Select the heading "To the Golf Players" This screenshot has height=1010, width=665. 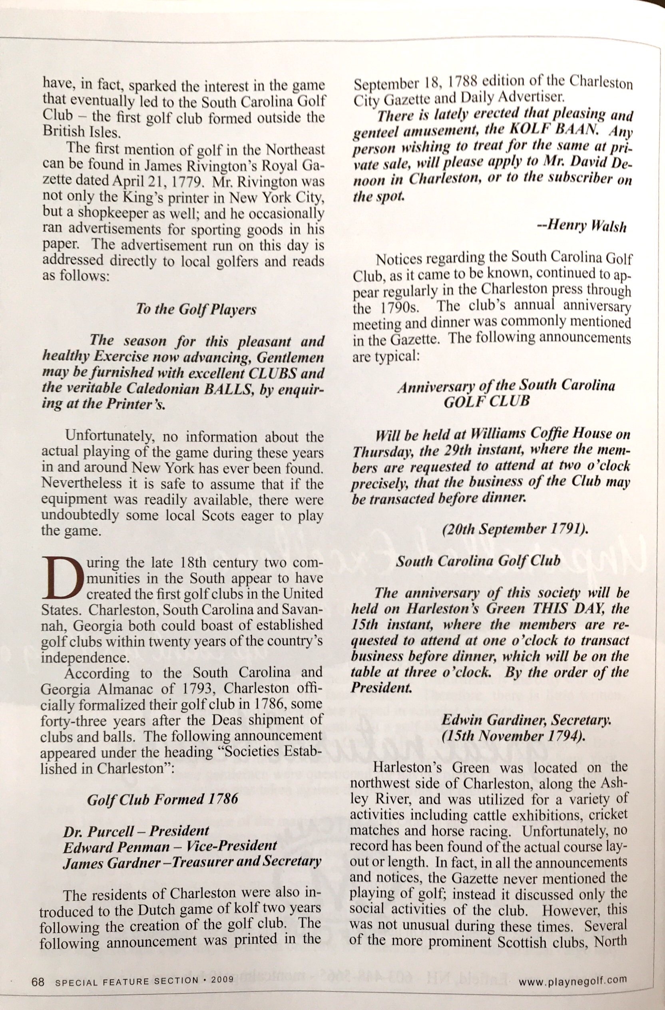tap(196, 309)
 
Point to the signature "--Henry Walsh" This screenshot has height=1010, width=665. tap(581, 226)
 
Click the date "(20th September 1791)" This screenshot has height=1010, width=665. tap(515, 530)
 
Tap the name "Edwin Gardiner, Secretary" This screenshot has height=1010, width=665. tap(526, 720)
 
